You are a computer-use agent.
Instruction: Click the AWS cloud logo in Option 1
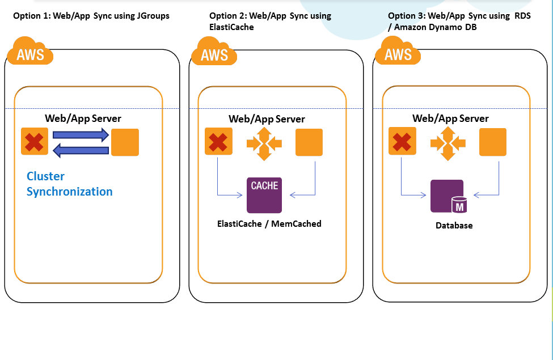pyautogui.click(x=29, y=52)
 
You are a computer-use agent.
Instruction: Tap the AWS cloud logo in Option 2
pyautogui.click(x=214, y=52)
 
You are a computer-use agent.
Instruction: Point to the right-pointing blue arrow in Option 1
pyautogui.click(x=81, y=135)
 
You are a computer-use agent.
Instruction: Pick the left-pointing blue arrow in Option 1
pyautogui.click(x=81, y=150)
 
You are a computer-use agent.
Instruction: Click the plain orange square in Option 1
pyautogui.click(x=125, y=142)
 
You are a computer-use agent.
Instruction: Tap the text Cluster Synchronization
pyautogui.click(x=69, y=184)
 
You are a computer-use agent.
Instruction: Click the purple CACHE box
pyautogui.click(x=264, y=195)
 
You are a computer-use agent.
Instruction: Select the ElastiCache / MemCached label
pyautogui.click(x=269, y=223)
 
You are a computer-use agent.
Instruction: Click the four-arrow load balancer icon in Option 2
pyautogui.click(x=264, y=142)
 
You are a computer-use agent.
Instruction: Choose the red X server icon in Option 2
pyautogui.click(x=218, y=142)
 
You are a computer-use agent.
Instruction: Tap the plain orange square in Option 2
pyautogui.click(x=309, y=142)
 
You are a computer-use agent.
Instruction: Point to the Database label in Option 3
pyautogui.click(x=454, y=225)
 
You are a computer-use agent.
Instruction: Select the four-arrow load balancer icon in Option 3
pyautogui.click(x=448, y=142)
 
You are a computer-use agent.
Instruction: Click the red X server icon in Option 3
pyautogui.click(x=402, y=142)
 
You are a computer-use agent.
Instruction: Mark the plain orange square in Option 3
pyautogui.click(x=493, y=142)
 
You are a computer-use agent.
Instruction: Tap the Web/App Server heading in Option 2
pyautogui.click(x=267, y=119)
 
